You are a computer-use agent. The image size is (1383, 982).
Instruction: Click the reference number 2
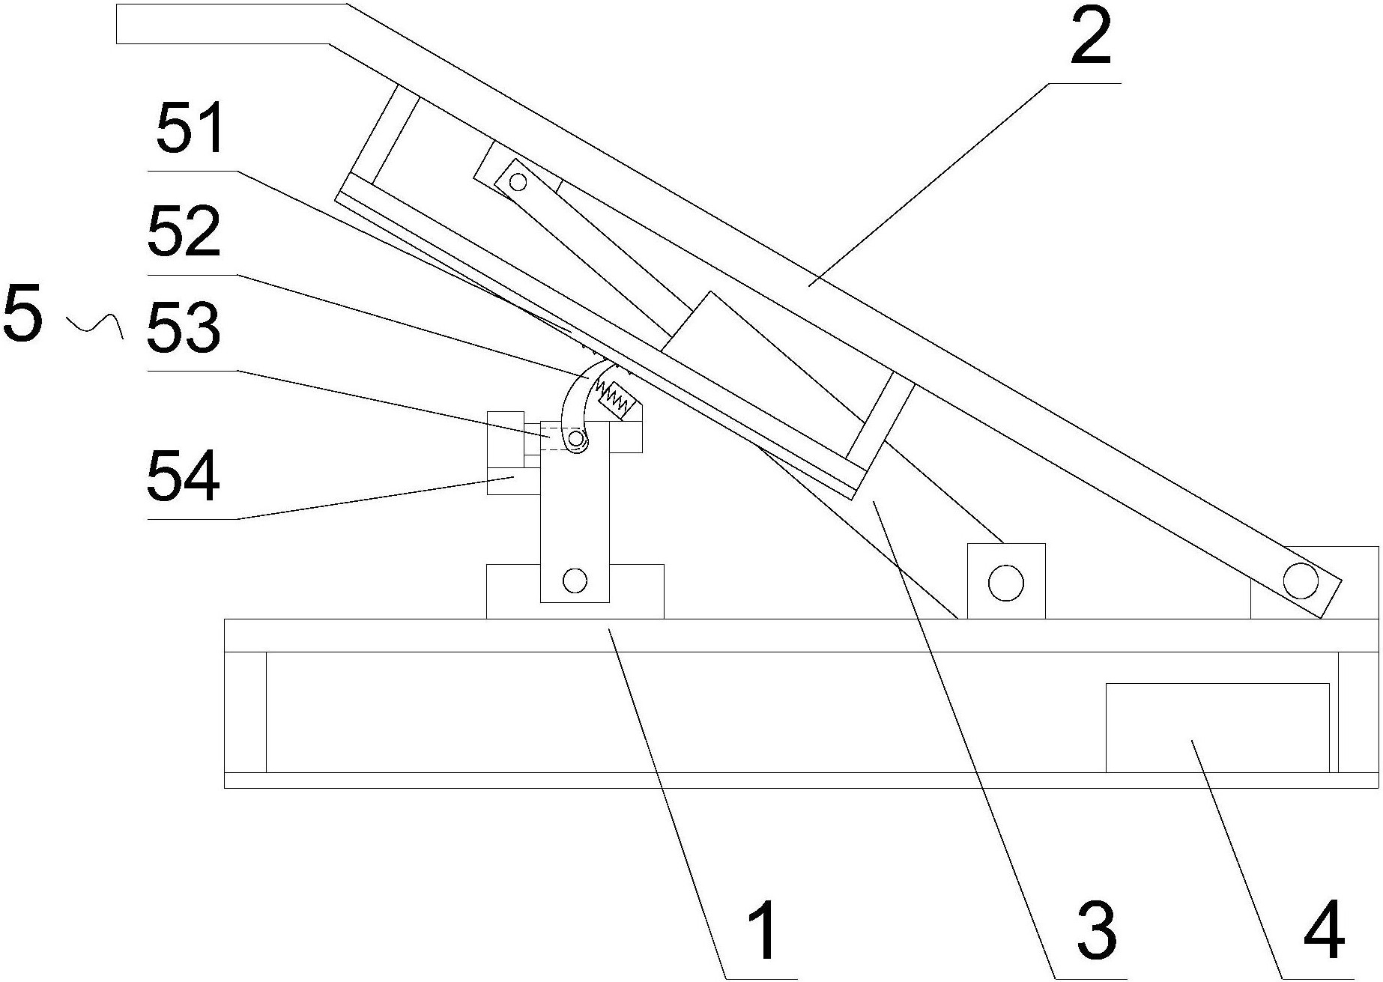1090,37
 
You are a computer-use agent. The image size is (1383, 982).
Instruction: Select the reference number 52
184,231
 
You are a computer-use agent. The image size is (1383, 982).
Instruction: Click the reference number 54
184,475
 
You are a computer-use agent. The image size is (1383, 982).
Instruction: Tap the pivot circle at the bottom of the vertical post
575,580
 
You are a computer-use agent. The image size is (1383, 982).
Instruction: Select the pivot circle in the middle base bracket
1005,581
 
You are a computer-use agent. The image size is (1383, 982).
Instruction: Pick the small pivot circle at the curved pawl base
575,437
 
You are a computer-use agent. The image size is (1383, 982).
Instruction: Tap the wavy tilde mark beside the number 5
95,324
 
